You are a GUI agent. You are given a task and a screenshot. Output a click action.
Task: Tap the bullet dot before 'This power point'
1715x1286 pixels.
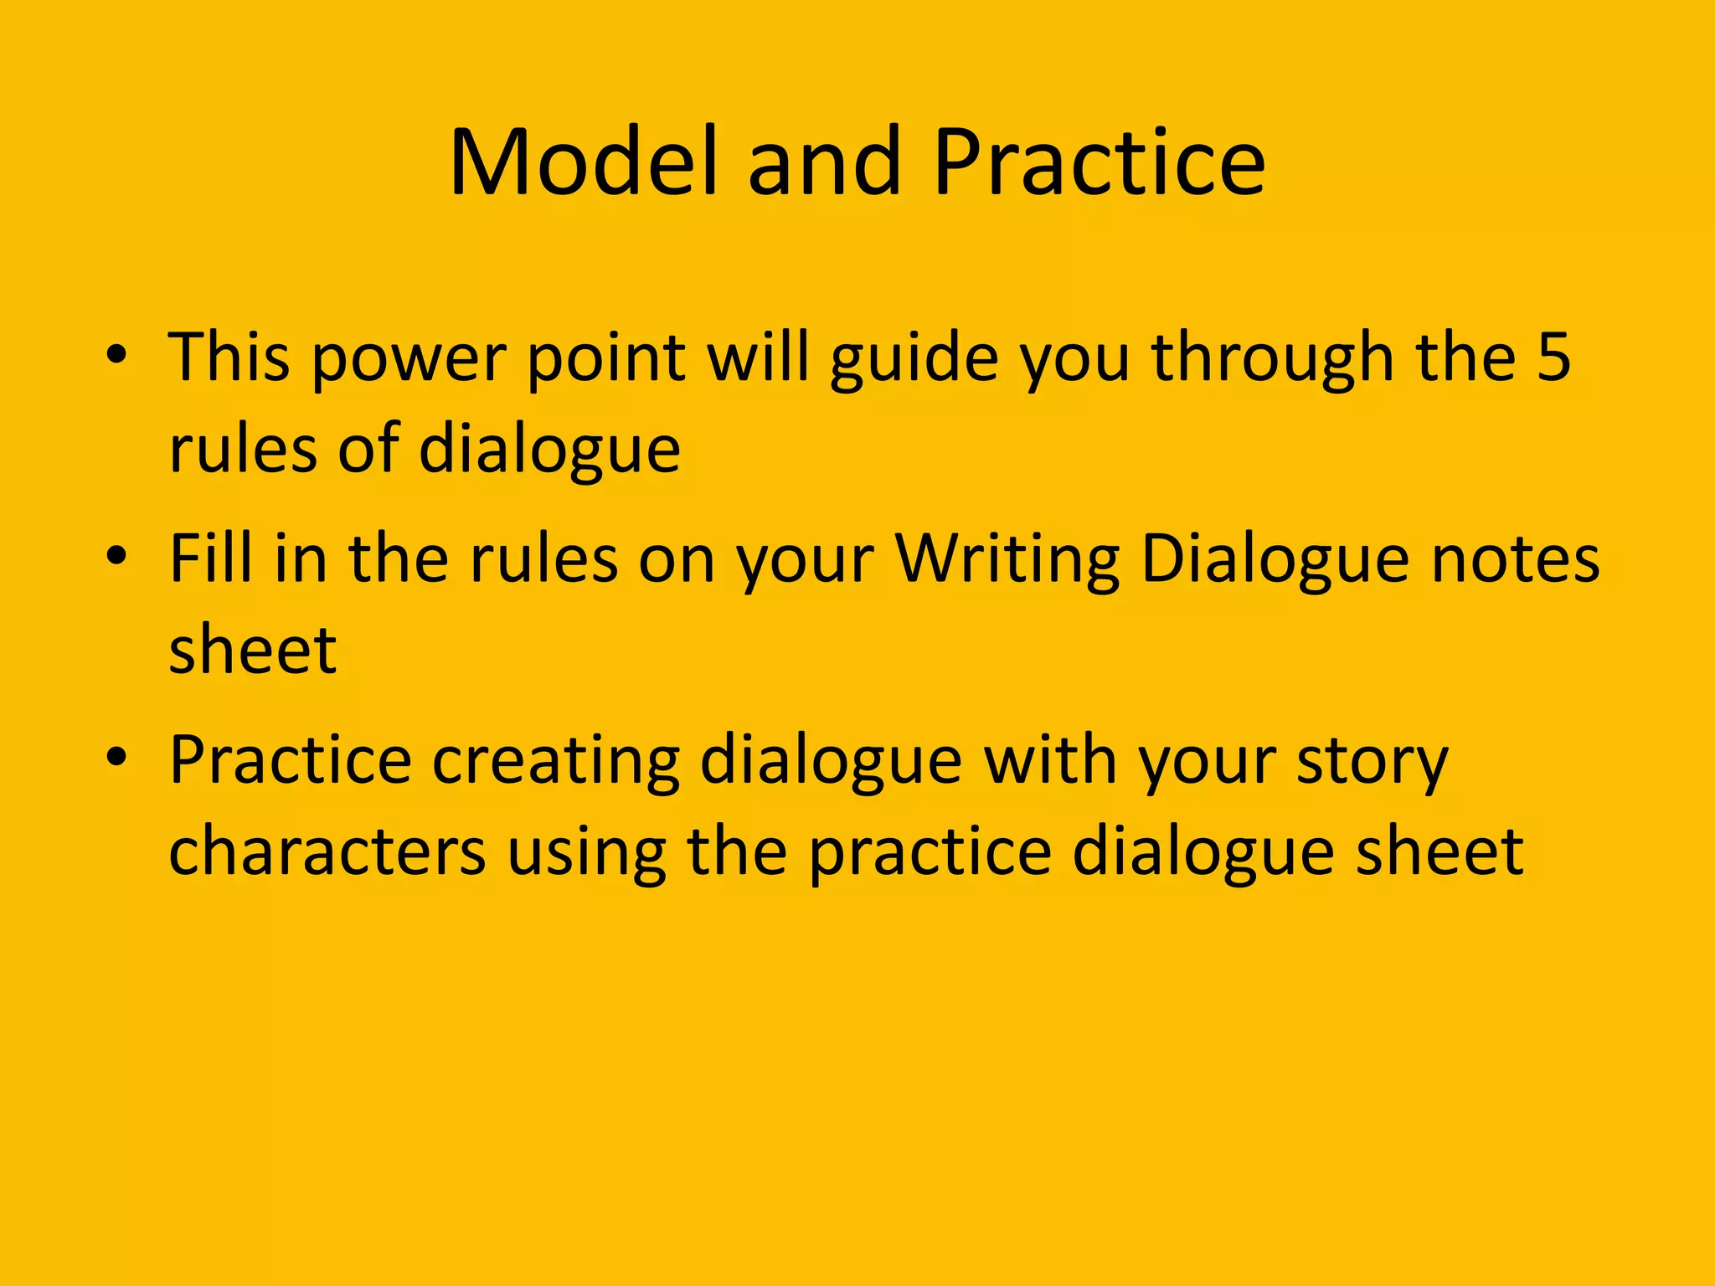(x=116, y=355)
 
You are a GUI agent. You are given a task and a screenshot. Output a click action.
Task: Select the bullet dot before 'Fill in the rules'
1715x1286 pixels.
(x=116, y=557)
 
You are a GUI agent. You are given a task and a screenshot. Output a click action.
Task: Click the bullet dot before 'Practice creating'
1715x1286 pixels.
(x=116, y=758)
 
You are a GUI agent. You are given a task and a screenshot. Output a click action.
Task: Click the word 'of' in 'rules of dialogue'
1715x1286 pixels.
(x=368, y=450)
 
